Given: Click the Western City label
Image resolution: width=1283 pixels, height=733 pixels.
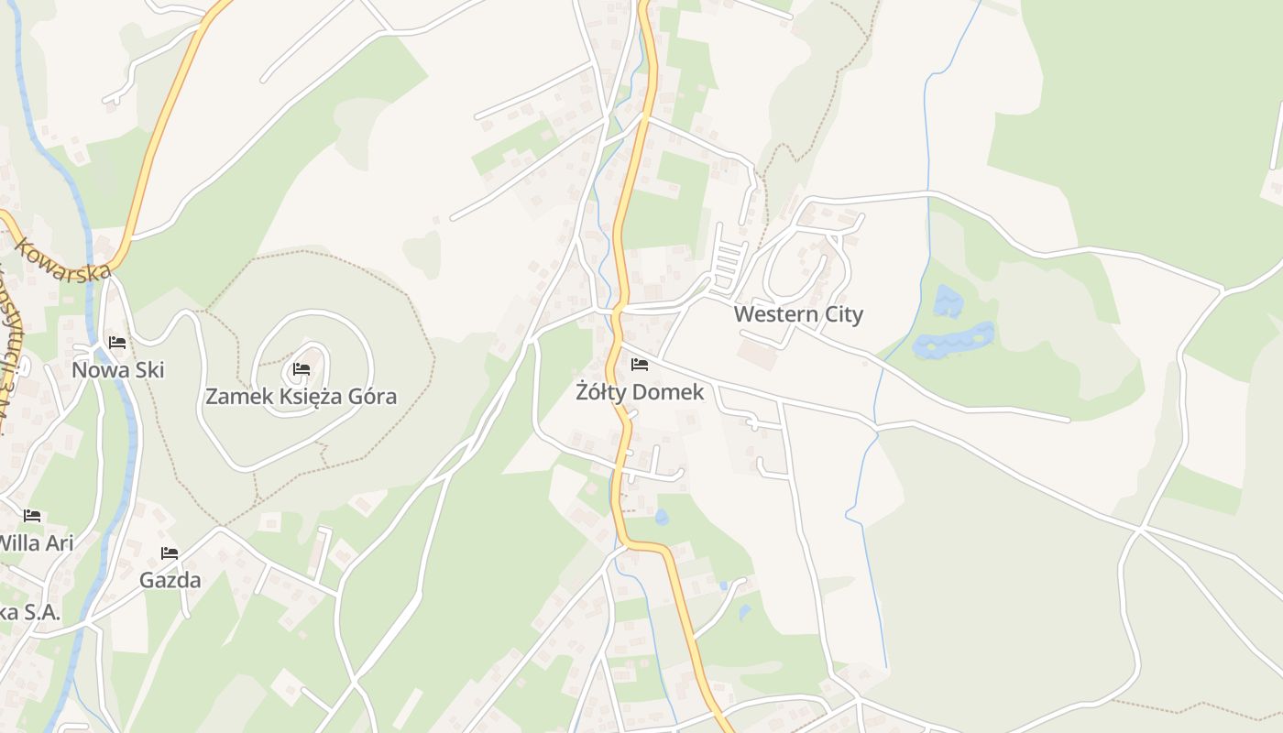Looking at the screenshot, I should click(798, 314).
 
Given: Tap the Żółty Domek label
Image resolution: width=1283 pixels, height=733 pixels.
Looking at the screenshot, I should click(640, 392).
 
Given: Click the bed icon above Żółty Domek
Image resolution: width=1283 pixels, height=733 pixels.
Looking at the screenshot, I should click(640, 365).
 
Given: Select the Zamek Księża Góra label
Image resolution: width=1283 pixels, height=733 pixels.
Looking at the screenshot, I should click(301, 397).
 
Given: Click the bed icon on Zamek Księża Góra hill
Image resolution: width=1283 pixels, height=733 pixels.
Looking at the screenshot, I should click(301, 370).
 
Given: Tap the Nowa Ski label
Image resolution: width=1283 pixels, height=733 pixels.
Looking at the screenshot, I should click(117, 370).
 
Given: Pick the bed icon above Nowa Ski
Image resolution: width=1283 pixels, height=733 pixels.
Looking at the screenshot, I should click(117, 343).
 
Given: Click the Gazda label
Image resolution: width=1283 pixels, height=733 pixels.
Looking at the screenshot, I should click(170, 580).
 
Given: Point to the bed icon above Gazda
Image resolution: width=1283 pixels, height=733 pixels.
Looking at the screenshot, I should click(170, 553).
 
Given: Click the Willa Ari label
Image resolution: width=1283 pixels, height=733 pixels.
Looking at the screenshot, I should click(35, 542).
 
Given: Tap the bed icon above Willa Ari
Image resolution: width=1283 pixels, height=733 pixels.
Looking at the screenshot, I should click(32, 516).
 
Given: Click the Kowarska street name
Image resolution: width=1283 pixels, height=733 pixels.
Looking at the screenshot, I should click(61, 260).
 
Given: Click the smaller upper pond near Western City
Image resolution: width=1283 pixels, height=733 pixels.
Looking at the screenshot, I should click(948, 301).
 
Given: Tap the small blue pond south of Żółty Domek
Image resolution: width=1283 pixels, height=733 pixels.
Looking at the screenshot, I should click(662, 518).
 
